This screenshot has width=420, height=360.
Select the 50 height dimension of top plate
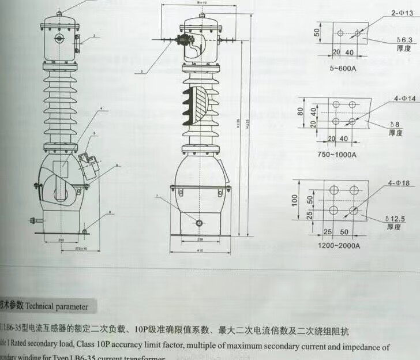pyautogui.click(x=317, y=33)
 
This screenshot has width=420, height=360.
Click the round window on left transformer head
pyautogui.click(x=59, y=39)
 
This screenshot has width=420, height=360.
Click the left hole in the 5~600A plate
pyautogui.click(x=340, y=33)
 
